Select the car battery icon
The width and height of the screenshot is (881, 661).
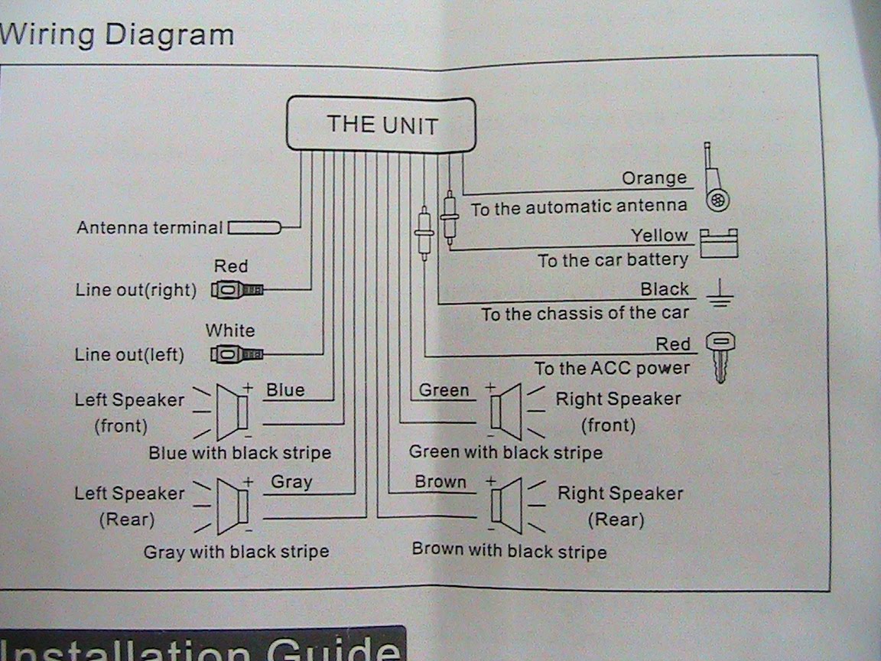(x=719, y=244)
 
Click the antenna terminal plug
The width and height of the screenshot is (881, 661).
(x=255, y=227)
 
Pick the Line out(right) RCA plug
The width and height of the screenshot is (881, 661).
(x=237, y=290)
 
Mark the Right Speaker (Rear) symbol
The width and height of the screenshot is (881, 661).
(x=507, y=505)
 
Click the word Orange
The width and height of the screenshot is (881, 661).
(x=654, y=178)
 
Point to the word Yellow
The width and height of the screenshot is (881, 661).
(x=659, y=236)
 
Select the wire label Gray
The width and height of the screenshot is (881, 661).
(x=291, y=482)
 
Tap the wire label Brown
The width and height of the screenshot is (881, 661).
(x=440, y=482)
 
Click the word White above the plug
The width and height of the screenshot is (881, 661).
(x=230, y=330)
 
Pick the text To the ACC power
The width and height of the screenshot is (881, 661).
(x=612, y=369)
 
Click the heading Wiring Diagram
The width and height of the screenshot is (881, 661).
(x=116, y=34)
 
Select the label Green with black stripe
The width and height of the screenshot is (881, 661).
(x=506, y=451)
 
